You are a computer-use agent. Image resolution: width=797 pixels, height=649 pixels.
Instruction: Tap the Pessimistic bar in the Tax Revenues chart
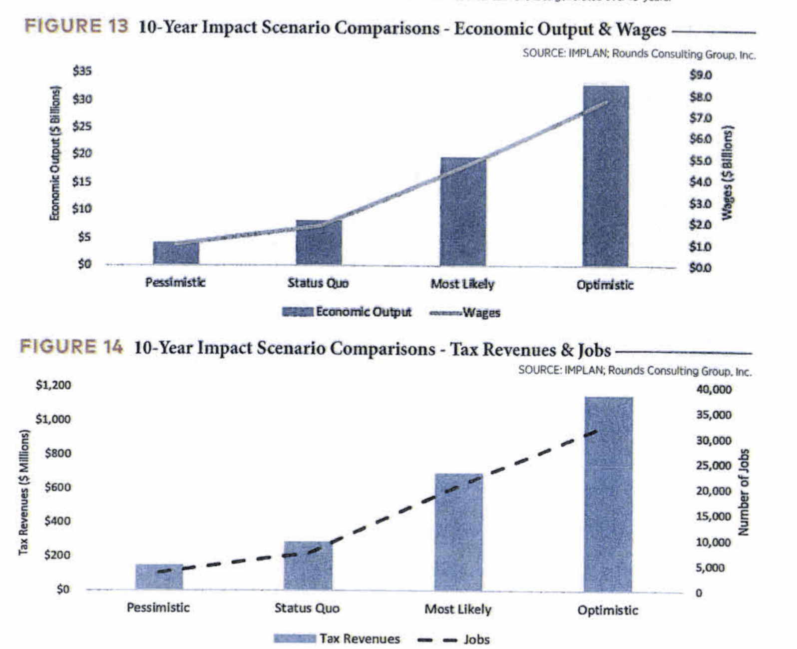(x=159, y=577)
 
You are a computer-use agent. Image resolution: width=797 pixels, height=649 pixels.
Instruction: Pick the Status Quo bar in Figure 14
(x=308, y=566)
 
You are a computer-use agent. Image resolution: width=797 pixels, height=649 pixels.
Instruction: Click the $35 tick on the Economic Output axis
(x=82, y=71)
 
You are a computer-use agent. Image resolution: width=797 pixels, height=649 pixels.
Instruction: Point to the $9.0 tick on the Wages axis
(x=700, y=75)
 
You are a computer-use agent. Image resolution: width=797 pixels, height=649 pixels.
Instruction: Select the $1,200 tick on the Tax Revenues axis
(x=53, y=385)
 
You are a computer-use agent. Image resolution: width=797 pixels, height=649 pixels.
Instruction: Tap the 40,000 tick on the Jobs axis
(x=714, y=389)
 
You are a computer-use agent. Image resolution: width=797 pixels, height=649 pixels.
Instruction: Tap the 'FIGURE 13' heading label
(x=76, y=26)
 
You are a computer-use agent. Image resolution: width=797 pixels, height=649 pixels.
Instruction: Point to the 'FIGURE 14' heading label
(x=71, y=347)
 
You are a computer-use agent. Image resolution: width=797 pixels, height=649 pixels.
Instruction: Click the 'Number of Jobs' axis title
(x=744, y=492)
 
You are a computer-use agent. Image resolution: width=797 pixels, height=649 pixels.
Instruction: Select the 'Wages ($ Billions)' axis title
(x=728, y=171)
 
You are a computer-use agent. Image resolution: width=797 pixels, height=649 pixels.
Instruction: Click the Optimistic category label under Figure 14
(x=607, y=610)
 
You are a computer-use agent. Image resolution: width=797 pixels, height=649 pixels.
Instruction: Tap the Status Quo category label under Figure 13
(x=318, y=283)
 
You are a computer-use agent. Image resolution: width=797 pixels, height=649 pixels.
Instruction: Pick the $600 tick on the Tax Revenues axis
(x=57, y=487)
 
